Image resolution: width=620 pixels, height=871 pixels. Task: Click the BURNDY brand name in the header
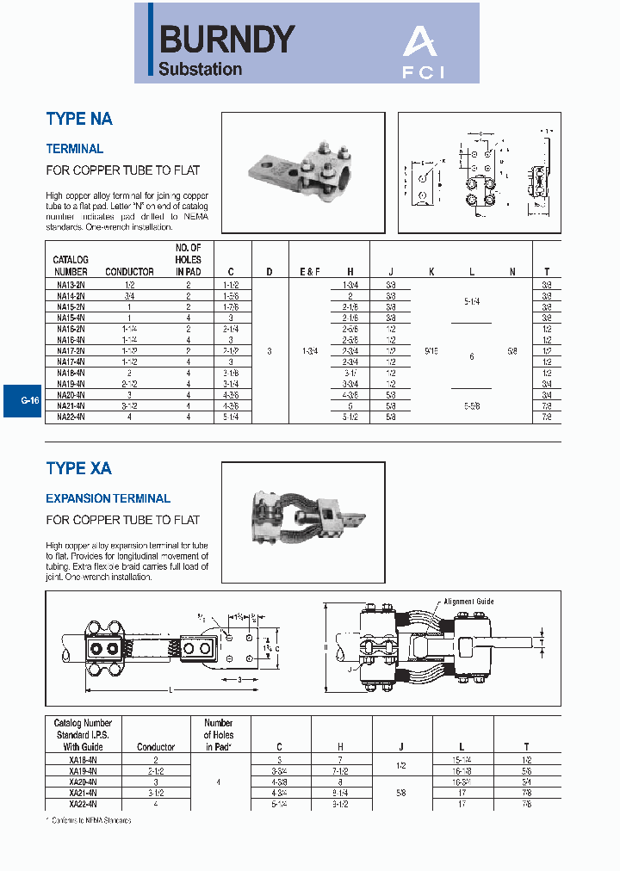227,39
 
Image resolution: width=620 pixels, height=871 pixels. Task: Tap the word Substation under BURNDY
200,70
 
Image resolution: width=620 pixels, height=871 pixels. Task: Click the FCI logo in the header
425,53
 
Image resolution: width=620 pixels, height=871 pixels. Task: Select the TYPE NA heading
79,120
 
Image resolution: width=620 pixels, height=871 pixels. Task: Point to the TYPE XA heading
79,469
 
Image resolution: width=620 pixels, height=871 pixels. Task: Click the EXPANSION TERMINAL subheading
108,498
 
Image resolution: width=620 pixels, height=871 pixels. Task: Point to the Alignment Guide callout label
469,602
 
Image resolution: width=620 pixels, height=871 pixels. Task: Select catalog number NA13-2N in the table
71,284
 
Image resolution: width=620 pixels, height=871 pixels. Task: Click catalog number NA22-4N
71,417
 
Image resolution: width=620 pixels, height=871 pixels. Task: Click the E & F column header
310,272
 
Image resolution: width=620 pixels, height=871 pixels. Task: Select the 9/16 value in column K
431,350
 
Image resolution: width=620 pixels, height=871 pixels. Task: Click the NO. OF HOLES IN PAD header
188,260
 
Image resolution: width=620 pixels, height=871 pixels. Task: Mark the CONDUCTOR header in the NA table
129,272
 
